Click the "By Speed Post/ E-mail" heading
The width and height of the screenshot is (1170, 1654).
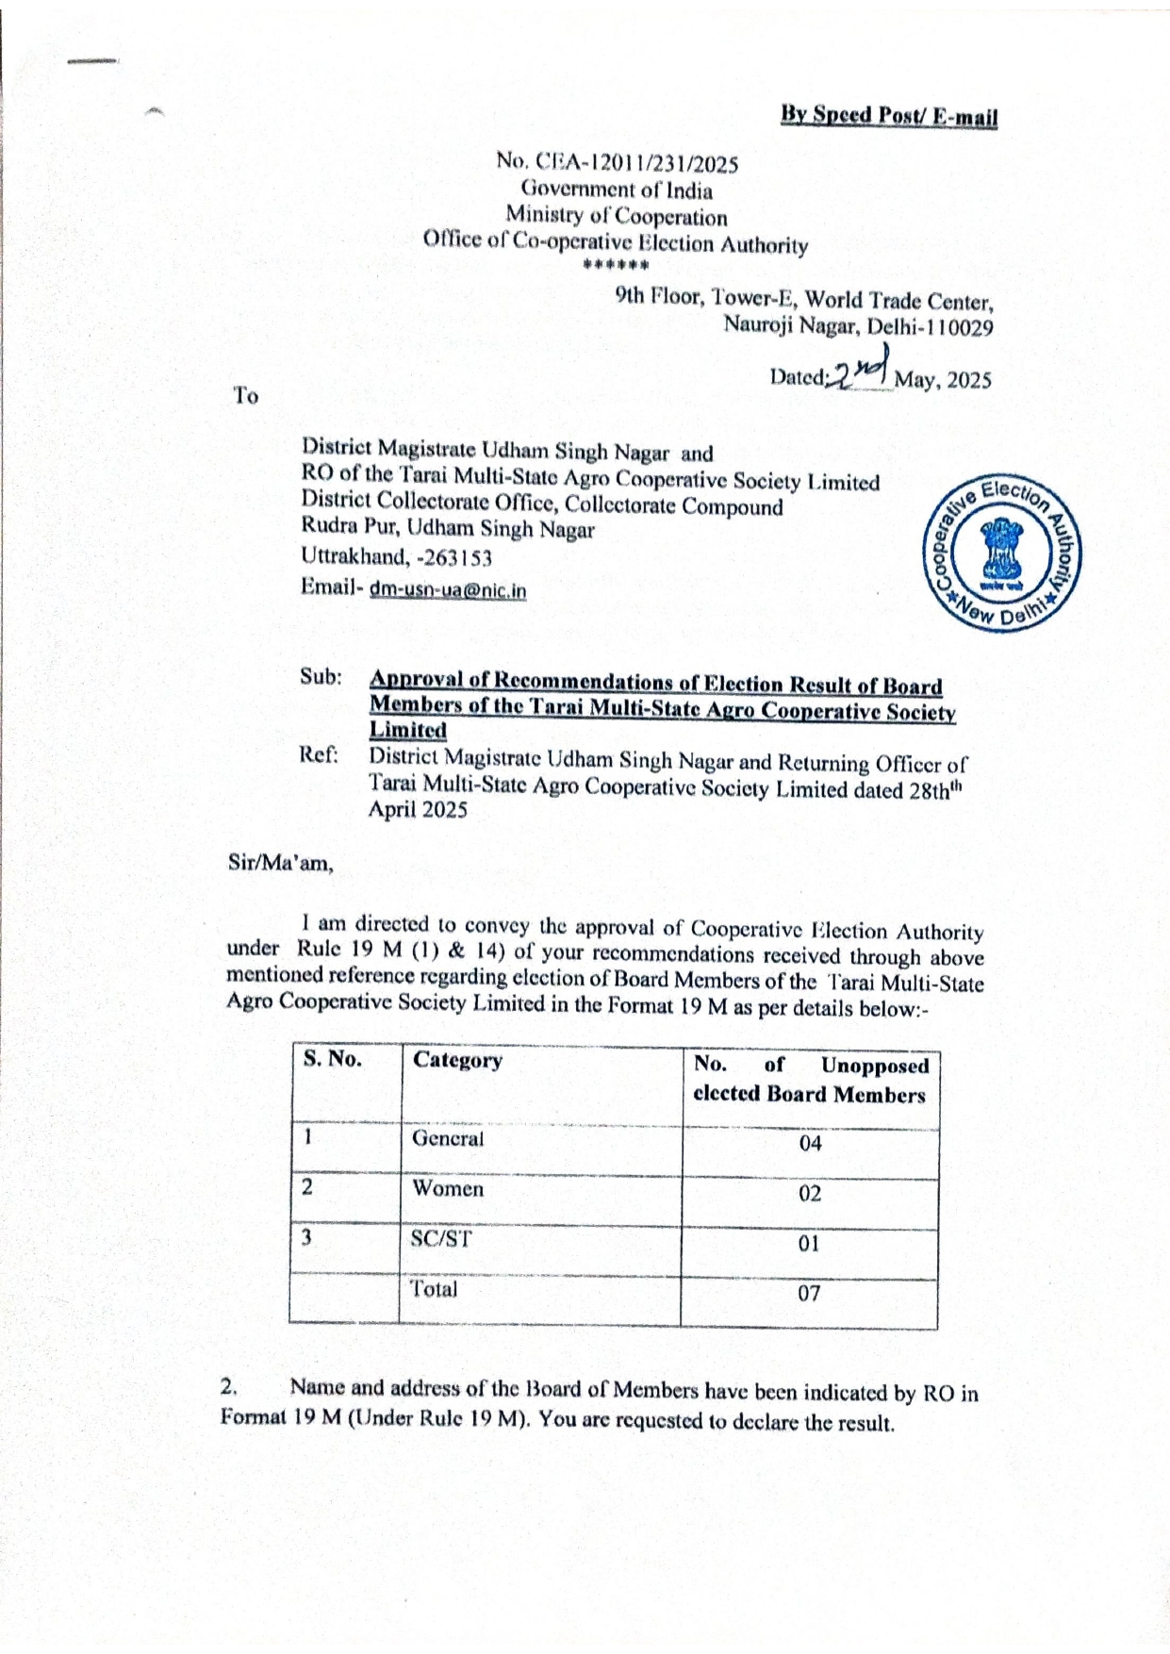888,116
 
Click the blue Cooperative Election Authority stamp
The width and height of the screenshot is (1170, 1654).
1005,554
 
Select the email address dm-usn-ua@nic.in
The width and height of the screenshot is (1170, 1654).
448,590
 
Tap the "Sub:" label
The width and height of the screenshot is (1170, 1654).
321,677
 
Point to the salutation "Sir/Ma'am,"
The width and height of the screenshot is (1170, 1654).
280,862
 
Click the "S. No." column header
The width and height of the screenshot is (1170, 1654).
332,1059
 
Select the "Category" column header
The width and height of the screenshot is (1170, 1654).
457,1060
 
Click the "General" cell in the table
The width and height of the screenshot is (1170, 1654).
448,1138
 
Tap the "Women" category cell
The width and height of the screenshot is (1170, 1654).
448,1188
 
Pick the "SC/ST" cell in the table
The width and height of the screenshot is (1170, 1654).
441,1238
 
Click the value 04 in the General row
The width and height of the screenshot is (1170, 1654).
810,1144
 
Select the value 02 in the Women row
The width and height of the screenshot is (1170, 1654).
810,1194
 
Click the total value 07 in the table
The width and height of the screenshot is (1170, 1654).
810,1294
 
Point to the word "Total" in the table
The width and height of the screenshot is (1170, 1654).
434,1289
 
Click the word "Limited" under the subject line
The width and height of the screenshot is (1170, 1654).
407,730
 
